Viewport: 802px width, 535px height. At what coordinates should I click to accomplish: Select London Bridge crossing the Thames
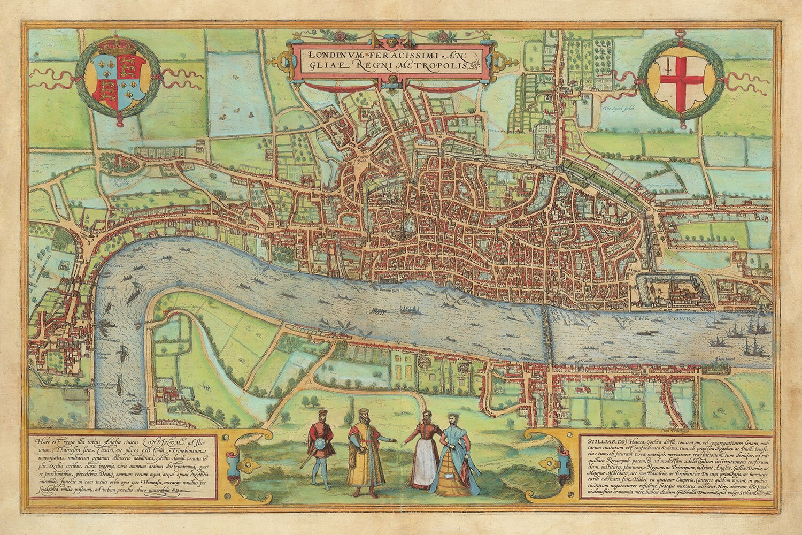(545, 334)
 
